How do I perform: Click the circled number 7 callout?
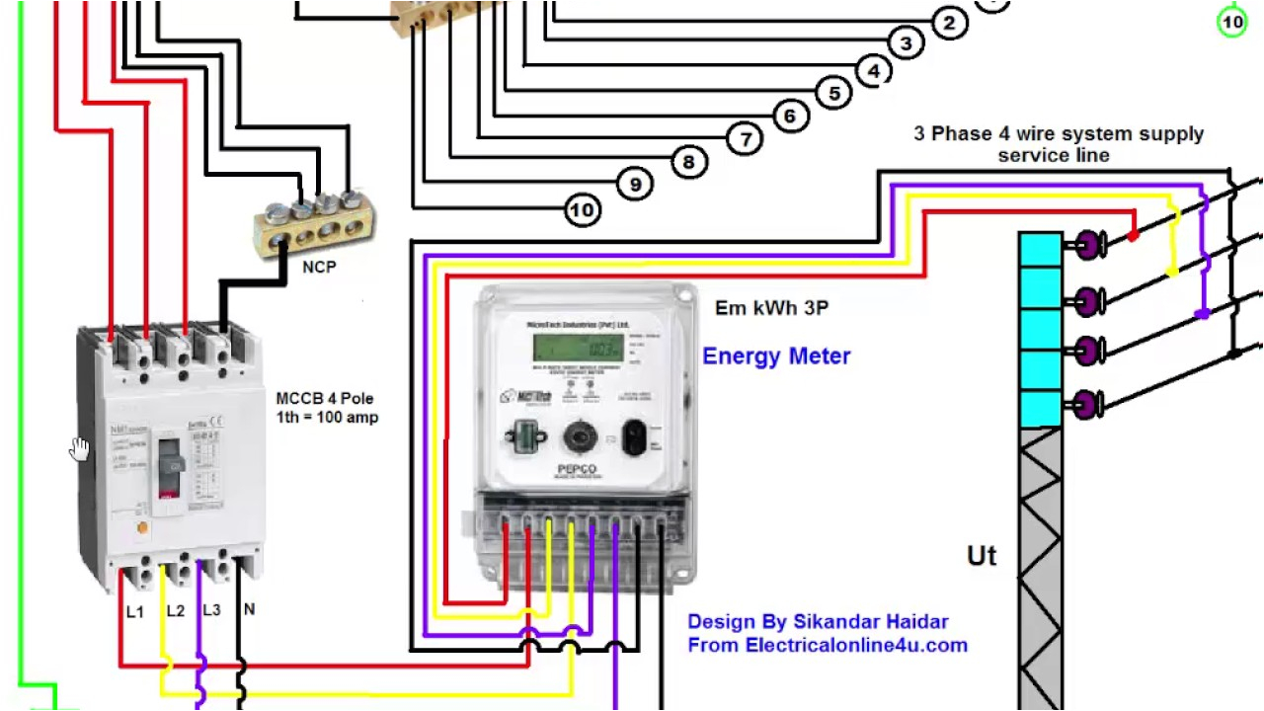pos(746,138)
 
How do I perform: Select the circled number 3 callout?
pos(905,42)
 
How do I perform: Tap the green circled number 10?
pos(1231,22)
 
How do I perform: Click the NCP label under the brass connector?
pos(319,267)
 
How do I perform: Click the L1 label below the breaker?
pos(134,612)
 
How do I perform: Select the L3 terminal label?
pos(211,610)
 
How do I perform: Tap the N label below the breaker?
pos(249,610)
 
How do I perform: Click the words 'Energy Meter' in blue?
pos(776,356)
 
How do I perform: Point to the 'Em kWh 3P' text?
pos(771,308)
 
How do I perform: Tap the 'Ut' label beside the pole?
pos(982,557)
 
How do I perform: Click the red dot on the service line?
pos(1133,236)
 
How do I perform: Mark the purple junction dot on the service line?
pos(1202,314)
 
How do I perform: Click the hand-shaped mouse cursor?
pos(79,450)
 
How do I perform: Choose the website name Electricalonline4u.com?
pos(856,646)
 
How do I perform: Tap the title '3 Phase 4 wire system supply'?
pos(1058,134)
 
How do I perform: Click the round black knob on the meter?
pos(578,435)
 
